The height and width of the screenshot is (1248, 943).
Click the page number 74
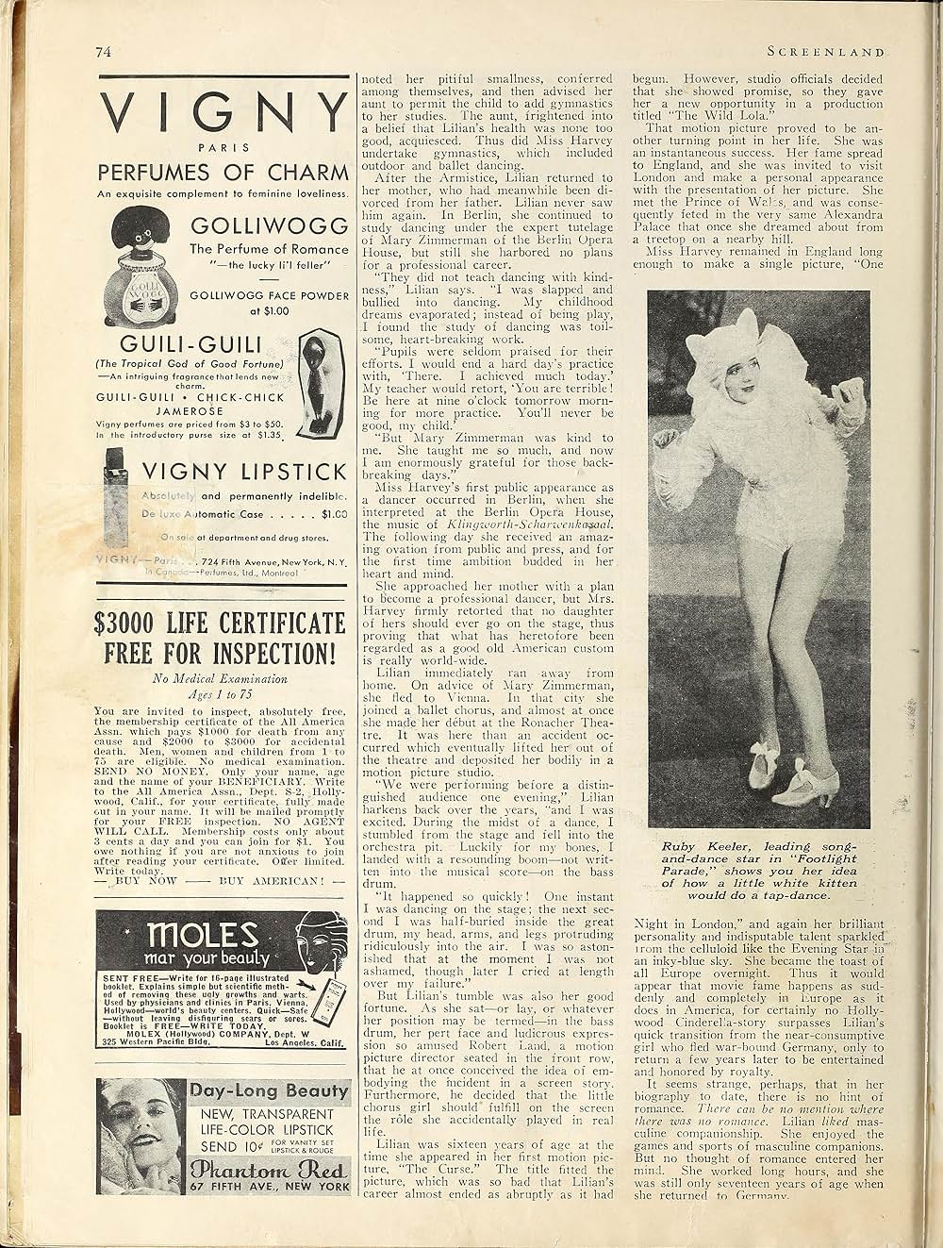pos(103,53)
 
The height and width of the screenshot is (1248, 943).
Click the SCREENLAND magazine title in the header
pos(826,53)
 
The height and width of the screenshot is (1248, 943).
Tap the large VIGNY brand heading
pos(224,115)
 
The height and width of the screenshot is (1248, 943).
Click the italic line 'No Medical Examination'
pos(220,677)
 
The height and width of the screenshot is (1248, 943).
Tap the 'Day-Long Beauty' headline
pos(269,1091)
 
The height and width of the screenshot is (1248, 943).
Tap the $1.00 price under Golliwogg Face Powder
pos(269,310)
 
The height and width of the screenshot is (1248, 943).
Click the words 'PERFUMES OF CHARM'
pos(223,174)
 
